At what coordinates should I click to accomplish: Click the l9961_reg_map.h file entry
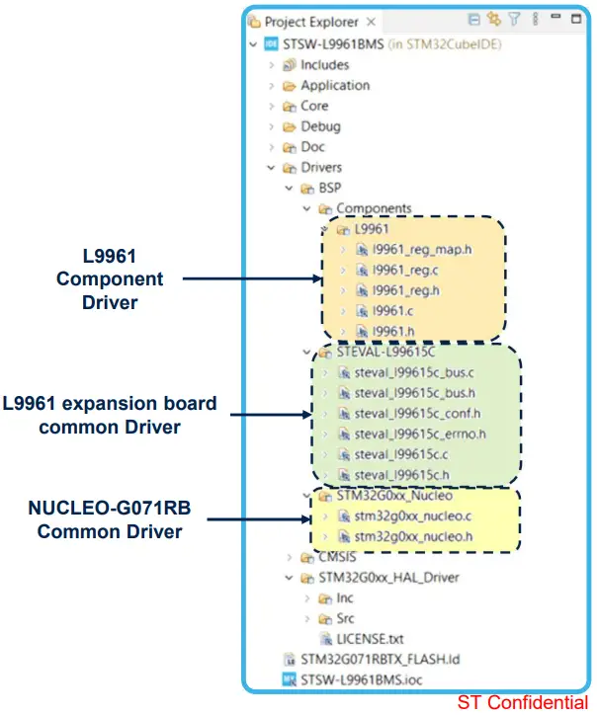click(x=422, y=249)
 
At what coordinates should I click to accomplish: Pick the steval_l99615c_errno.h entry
click(x=420, y=433)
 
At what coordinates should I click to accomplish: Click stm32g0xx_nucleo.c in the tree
click(x=413, y=516)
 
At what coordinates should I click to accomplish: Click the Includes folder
click(x=324, y=64)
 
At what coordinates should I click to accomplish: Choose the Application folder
click(x=335, y=85)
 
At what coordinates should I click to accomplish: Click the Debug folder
click(x=320, y=125)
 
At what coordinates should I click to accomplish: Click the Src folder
click(x=345, y=618)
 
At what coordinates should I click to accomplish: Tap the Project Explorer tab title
click(x=311, y=21)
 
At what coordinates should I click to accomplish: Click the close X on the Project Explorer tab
click(x=371, y=21)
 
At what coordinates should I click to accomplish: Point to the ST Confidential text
click(x=522, y=702)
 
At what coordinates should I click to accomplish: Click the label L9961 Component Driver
click(x=110, y=279)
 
